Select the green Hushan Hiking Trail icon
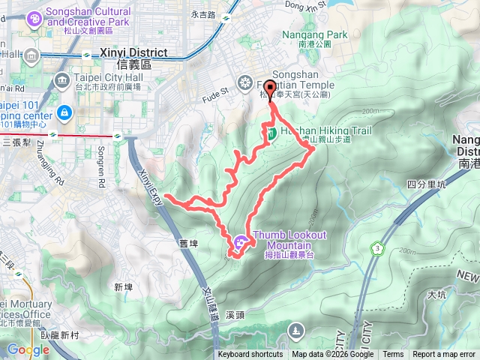pos(271,133)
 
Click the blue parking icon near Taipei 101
pos(65,113)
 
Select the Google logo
pos(28,349)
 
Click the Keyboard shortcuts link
pos(250,355)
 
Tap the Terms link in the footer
pos(393,355)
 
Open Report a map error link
pos(444,355)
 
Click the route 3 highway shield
pos(375,247)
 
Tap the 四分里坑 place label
pos(426,184)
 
